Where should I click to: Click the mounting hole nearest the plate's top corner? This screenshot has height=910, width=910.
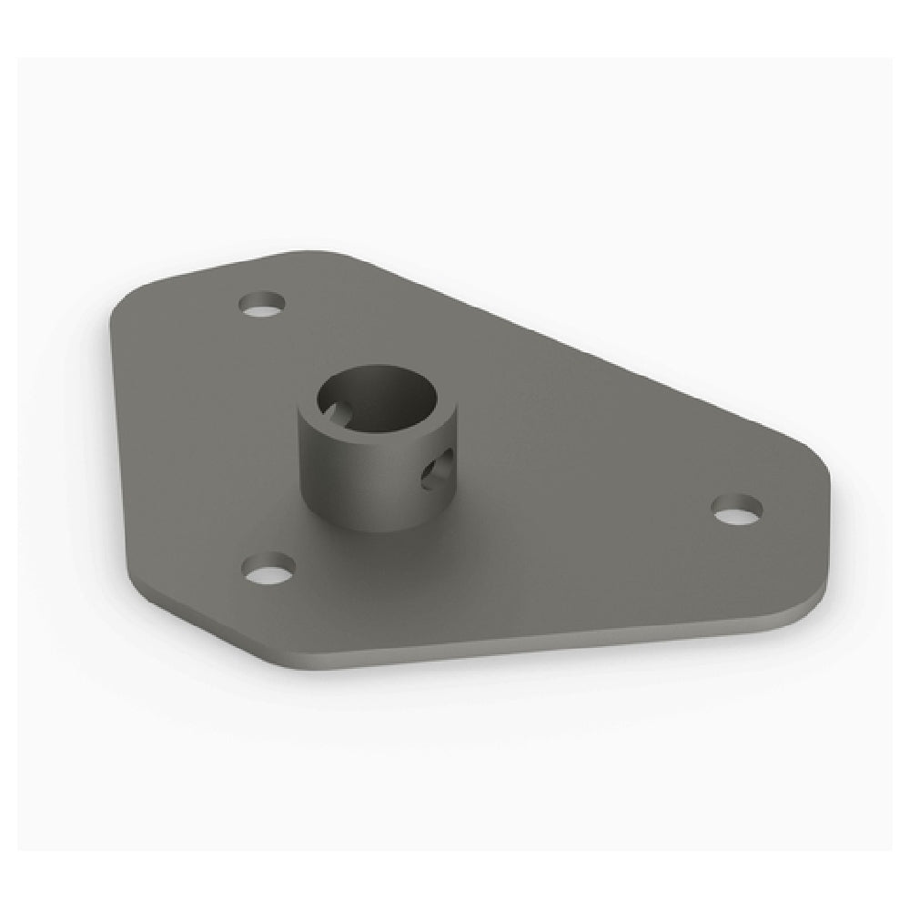point(265,304)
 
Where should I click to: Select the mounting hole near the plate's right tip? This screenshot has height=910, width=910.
point(736,510)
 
